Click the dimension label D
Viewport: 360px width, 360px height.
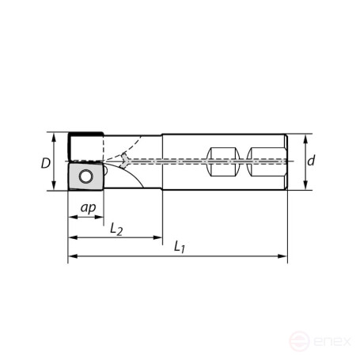tap(47, 163)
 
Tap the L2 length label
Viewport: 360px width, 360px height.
tap(116, 229)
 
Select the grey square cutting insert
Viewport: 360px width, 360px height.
tap(83, 176)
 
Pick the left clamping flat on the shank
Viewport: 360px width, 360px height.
tap(222, 161)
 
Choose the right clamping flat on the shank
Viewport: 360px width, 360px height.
tap(263, 161)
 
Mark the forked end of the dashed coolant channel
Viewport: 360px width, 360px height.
tap(123, 161)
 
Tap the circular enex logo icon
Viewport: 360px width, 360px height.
tap(300, 342)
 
